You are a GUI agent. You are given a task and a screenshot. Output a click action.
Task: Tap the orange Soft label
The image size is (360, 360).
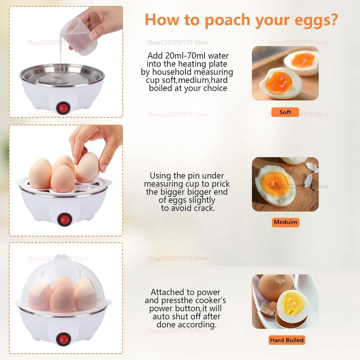(285, 112)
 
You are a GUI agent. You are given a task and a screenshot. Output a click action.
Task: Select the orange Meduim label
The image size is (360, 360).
(286, 222)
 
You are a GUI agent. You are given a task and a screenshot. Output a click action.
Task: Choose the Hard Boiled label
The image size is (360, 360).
(287, 340)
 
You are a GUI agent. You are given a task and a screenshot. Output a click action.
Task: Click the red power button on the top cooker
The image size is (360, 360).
(62, 108)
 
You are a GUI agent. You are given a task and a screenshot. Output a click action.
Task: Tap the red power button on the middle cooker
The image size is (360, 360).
(65, 219)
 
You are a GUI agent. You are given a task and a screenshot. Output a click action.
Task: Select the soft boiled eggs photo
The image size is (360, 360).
(285, 73)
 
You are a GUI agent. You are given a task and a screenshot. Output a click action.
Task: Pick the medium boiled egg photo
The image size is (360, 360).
(285, 184)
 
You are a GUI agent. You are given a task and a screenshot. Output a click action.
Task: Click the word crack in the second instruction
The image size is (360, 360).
(203, 208)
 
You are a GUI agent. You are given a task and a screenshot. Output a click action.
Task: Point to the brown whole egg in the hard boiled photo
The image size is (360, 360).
(275, 286)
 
